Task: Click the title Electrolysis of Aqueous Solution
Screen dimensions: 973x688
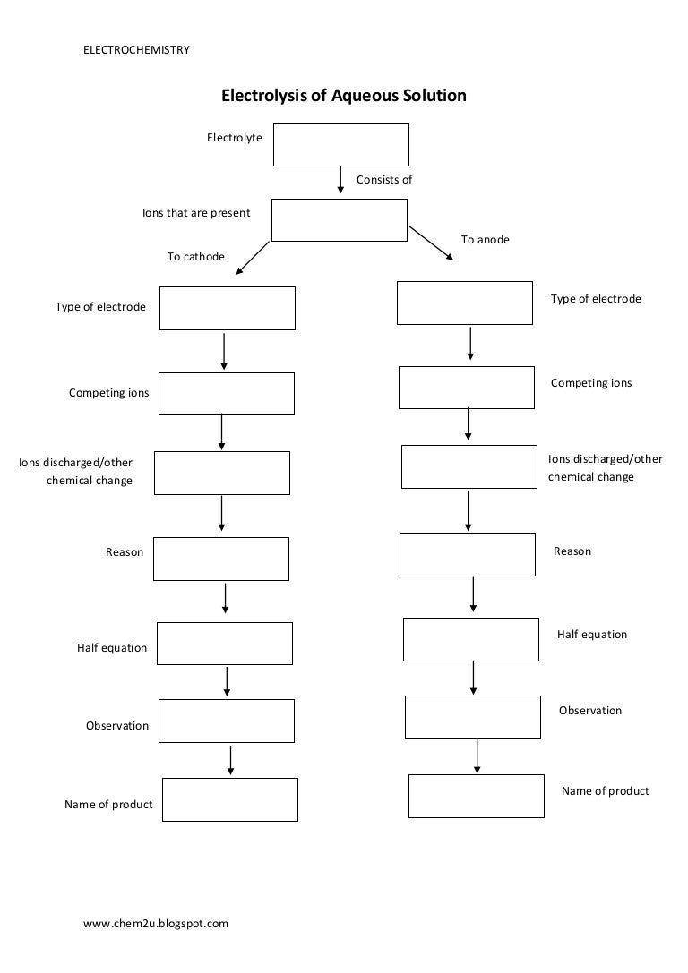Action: point(344,95)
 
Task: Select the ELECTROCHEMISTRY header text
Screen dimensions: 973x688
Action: point(136,50)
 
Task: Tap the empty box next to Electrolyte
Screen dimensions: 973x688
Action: point(340,144)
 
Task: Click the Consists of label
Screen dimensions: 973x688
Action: point(384,180)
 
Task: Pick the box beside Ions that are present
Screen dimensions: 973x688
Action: point(339,220)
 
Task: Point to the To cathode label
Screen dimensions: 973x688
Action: point(195,257)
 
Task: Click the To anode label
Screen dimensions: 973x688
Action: point(485,240)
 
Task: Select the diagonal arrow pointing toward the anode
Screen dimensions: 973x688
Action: point(431,243)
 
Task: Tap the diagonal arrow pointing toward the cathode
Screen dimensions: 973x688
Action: point(254,258)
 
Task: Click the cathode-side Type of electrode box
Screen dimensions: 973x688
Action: point(227,308)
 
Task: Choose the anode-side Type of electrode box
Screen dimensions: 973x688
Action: point(464,303)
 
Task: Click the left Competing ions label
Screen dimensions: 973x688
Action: point(109,393)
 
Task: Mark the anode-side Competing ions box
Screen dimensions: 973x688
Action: point(466,387)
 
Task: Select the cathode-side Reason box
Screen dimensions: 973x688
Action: point(220,559)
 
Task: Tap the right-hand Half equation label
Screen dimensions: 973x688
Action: point(592,635)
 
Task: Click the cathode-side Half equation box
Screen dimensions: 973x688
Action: point(225,644)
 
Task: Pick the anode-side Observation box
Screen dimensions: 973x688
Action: point(472,717)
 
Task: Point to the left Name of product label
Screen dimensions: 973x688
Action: point(108,805)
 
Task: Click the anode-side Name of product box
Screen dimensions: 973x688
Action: point(476,796)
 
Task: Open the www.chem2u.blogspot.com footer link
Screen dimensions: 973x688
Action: point(156,923)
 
